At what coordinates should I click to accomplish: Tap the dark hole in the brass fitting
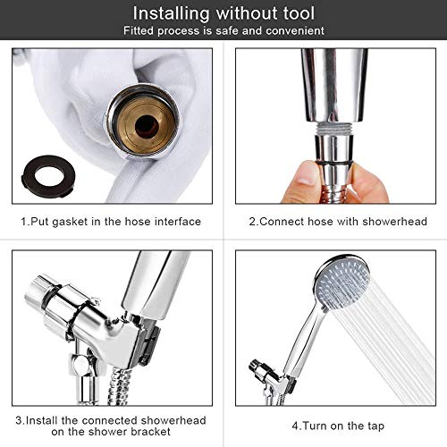[147, 127]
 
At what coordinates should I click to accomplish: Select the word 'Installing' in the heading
[172, 14]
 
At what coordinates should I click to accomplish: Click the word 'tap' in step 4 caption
[375, 426]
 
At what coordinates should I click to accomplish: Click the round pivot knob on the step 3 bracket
[80, 364]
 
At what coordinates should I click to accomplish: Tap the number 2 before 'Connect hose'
[252, 222]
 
